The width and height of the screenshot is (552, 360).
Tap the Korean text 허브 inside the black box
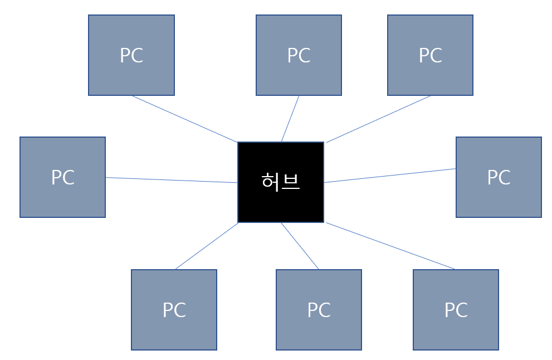[x=281, y=182]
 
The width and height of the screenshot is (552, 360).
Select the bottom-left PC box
[x=174, y=332]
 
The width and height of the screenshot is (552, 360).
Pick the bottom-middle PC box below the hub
[x=319, y=332]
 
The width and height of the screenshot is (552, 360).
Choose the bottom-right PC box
[x=456, y=332]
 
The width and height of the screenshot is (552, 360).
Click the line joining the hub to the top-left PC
[x=184, y=119]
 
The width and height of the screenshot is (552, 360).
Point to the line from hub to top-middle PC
[x=290, y=119]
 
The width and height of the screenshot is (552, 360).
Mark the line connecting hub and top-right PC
[x=378, y=119]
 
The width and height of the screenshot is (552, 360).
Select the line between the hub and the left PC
[x=172, y=180]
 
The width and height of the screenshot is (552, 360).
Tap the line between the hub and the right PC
[x=390, y=176]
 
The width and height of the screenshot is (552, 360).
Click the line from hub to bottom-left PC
[x=207, y=246]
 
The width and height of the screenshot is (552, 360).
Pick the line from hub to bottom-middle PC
[x=300, y=246]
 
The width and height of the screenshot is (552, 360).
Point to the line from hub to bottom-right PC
[x=390, y=246]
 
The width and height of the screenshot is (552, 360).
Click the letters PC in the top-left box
[x=131, y=56]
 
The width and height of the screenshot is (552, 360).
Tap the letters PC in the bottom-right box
[x=456, y=310]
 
